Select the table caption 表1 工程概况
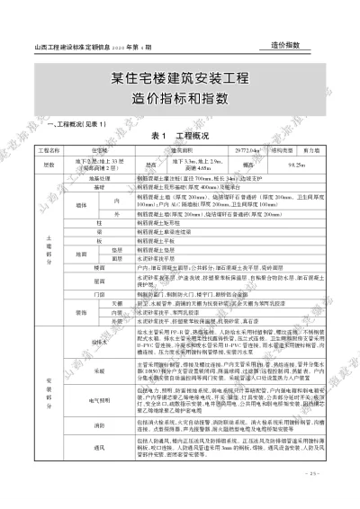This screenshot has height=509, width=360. click(180, 134)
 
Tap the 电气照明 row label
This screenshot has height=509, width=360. click(99, 397)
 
